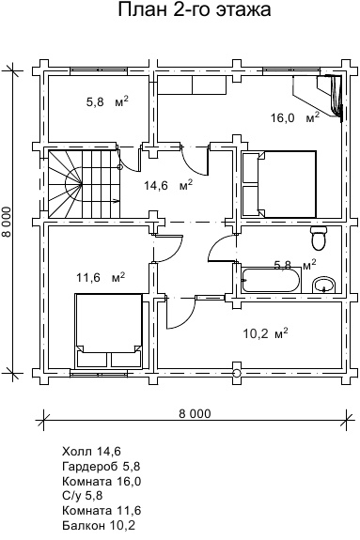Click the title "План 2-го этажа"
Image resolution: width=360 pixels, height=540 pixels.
pos(195,9)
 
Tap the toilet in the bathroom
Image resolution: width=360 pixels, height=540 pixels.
pos(319,239)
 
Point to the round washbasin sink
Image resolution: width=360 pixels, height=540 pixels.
pos(323,285)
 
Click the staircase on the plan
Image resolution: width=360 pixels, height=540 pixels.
pos(84,184)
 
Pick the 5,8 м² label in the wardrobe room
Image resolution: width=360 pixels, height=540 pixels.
pos(107,102)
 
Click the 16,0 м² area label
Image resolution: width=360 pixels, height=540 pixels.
pos(295,117)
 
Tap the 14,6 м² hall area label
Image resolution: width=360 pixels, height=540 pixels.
pos(168,185)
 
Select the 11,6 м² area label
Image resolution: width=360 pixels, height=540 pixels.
pos(101,277)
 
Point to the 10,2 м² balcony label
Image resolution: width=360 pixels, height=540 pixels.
pos(265,333)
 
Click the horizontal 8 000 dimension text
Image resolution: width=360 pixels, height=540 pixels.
pos(195,413)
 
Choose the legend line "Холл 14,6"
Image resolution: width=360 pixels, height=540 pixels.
pos(92,451)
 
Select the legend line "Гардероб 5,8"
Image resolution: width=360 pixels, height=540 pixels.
pos(102,466)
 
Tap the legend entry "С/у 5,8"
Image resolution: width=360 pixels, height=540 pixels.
pos(83,495)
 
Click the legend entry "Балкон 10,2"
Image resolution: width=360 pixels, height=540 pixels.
pos(99,525)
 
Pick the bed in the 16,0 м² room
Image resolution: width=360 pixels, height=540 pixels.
pos(279,184)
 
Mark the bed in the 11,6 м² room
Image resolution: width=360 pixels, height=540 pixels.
pos(109,331)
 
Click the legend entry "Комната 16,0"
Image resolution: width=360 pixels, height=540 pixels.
pos(102,481)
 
